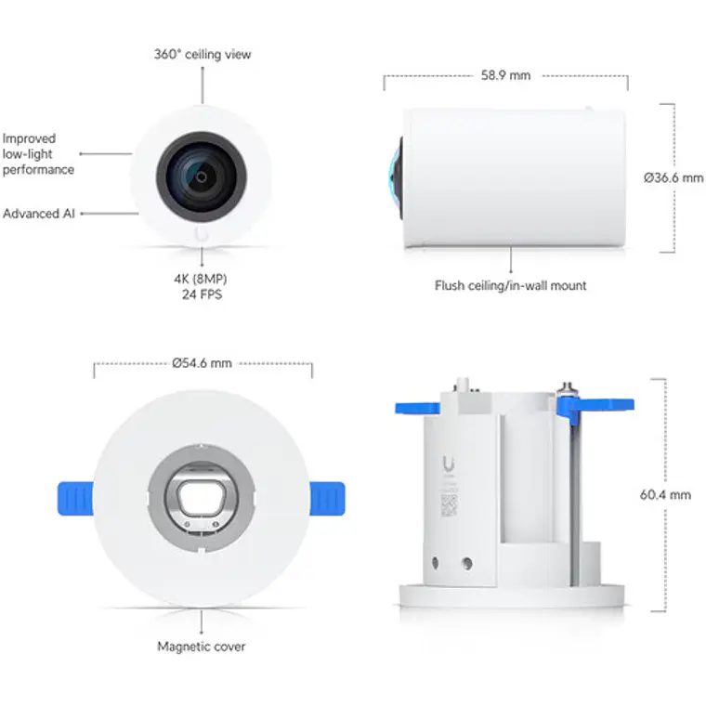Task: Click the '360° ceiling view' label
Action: click(203, 54)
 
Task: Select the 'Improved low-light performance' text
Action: click(38, 154)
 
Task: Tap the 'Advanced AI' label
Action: click(38, 214)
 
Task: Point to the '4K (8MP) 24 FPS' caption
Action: click(203, 286)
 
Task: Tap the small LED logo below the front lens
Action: click(203, 233)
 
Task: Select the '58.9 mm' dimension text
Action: click(505, 75)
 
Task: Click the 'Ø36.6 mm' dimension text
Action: click(673, 177)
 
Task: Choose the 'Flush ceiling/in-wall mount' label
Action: click(511, 285)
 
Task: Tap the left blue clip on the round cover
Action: click(75, 497)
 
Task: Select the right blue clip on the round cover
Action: click(328, 497)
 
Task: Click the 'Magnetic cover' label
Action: click(202, 647)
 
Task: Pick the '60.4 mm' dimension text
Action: click(666, 495)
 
